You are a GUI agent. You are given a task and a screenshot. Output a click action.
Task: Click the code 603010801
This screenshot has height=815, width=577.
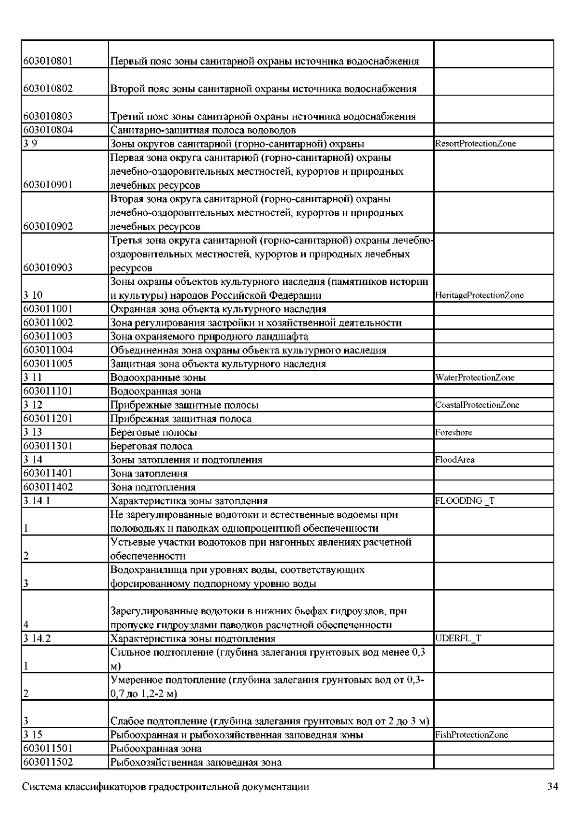(x=48, y=61)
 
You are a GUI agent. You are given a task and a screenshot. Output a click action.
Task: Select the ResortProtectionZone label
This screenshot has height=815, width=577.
(x=475, y=144)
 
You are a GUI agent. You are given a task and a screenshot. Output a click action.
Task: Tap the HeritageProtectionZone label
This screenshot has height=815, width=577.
(x=479, y=295)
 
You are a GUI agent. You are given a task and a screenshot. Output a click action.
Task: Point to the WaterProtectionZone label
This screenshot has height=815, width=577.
(x=475, y=377)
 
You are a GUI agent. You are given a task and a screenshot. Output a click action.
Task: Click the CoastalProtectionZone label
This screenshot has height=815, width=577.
(x=477, y=405)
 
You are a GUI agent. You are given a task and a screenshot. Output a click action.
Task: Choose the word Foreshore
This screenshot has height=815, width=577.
(x=453, y=432)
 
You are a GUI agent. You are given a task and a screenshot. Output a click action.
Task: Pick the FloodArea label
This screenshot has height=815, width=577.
(x=454, y=460)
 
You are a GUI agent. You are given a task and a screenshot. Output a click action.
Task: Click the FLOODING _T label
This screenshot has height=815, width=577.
(x=464, y=501)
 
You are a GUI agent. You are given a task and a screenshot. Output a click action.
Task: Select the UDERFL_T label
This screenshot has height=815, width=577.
(x=458, y=638)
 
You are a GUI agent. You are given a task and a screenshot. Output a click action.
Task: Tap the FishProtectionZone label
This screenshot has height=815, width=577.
(x=471, y=735)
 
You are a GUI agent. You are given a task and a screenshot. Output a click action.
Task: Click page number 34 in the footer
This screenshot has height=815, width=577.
(x=552, y=787)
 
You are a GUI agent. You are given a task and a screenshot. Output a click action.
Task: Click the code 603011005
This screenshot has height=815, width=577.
(x=48, y=364)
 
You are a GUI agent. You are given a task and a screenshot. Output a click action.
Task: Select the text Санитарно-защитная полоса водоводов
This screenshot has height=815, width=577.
(x=203, y=130)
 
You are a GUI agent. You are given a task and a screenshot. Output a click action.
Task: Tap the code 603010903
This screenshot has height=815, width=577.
(x=48, y=268)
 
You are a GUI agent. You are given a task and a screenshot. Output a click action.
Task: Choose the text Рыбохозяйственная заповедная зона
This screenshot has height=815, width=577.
(x=196, y=762)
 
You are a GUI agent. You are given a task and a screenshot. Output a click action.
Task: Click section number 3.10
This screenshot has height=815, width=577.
(x=31, y=295)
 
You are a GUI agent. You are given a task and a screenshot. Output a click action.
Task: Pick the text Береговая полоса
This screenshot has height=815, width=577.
(x=151, y=446)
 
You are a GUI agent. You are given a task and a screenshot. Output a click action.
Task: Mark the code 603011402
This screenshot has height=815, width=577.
(x=48, y=487)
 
